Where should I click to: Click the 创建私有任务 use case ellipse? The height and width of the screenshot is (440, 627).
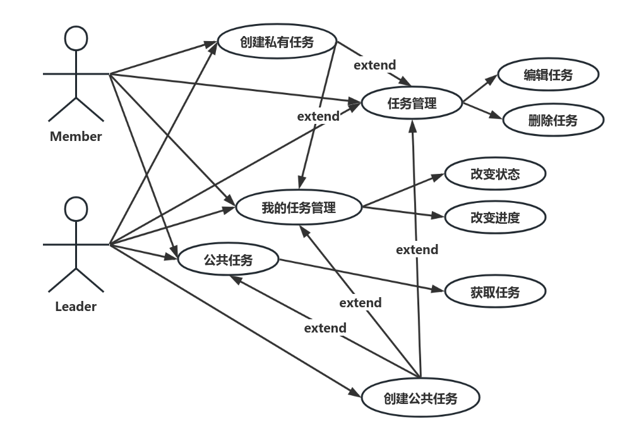(277, 42)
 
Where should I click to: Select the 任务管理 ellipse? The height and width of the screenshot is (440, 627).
(412, 103)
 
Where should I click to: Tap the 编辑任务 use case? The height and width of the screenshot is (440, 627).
(547, 75)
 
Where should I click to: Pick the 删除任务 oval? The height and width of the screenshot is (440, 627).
(552, 120)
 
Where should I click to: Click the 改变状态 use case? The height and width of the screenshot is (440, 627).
(494, 174)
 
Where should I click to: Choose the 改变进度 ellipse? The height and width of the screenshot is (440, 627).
(494, 218)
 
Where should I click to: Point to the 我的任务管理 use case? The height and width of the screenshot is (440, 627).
(299, 207)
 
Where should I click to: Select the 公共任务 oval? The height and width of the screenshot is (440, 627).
(228, 259)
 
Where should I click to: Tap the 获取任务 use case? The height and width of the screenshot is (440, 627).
(495, 292)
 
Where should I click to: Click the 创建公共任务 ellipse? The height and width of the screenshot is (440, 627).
(421, 398)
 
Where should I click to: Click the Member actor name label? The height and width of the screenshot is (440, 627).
(76, 136)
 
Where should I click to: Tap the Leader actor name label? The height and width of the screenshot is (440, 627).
(76, 307)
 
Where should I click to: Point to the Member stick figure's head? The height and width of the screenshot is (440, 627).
(76, 39)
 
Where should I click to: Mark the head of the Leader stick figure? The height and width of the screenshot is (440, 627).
(76, 209)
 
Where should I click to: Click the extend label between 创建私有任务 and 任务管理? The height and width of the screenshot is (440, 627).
(374, 65)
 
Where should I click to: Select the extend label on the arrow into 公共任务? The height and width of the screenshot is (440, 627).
(325, 328)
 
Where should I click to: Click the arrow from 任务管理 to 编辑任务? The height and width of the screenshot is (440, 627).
(481, 90)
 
